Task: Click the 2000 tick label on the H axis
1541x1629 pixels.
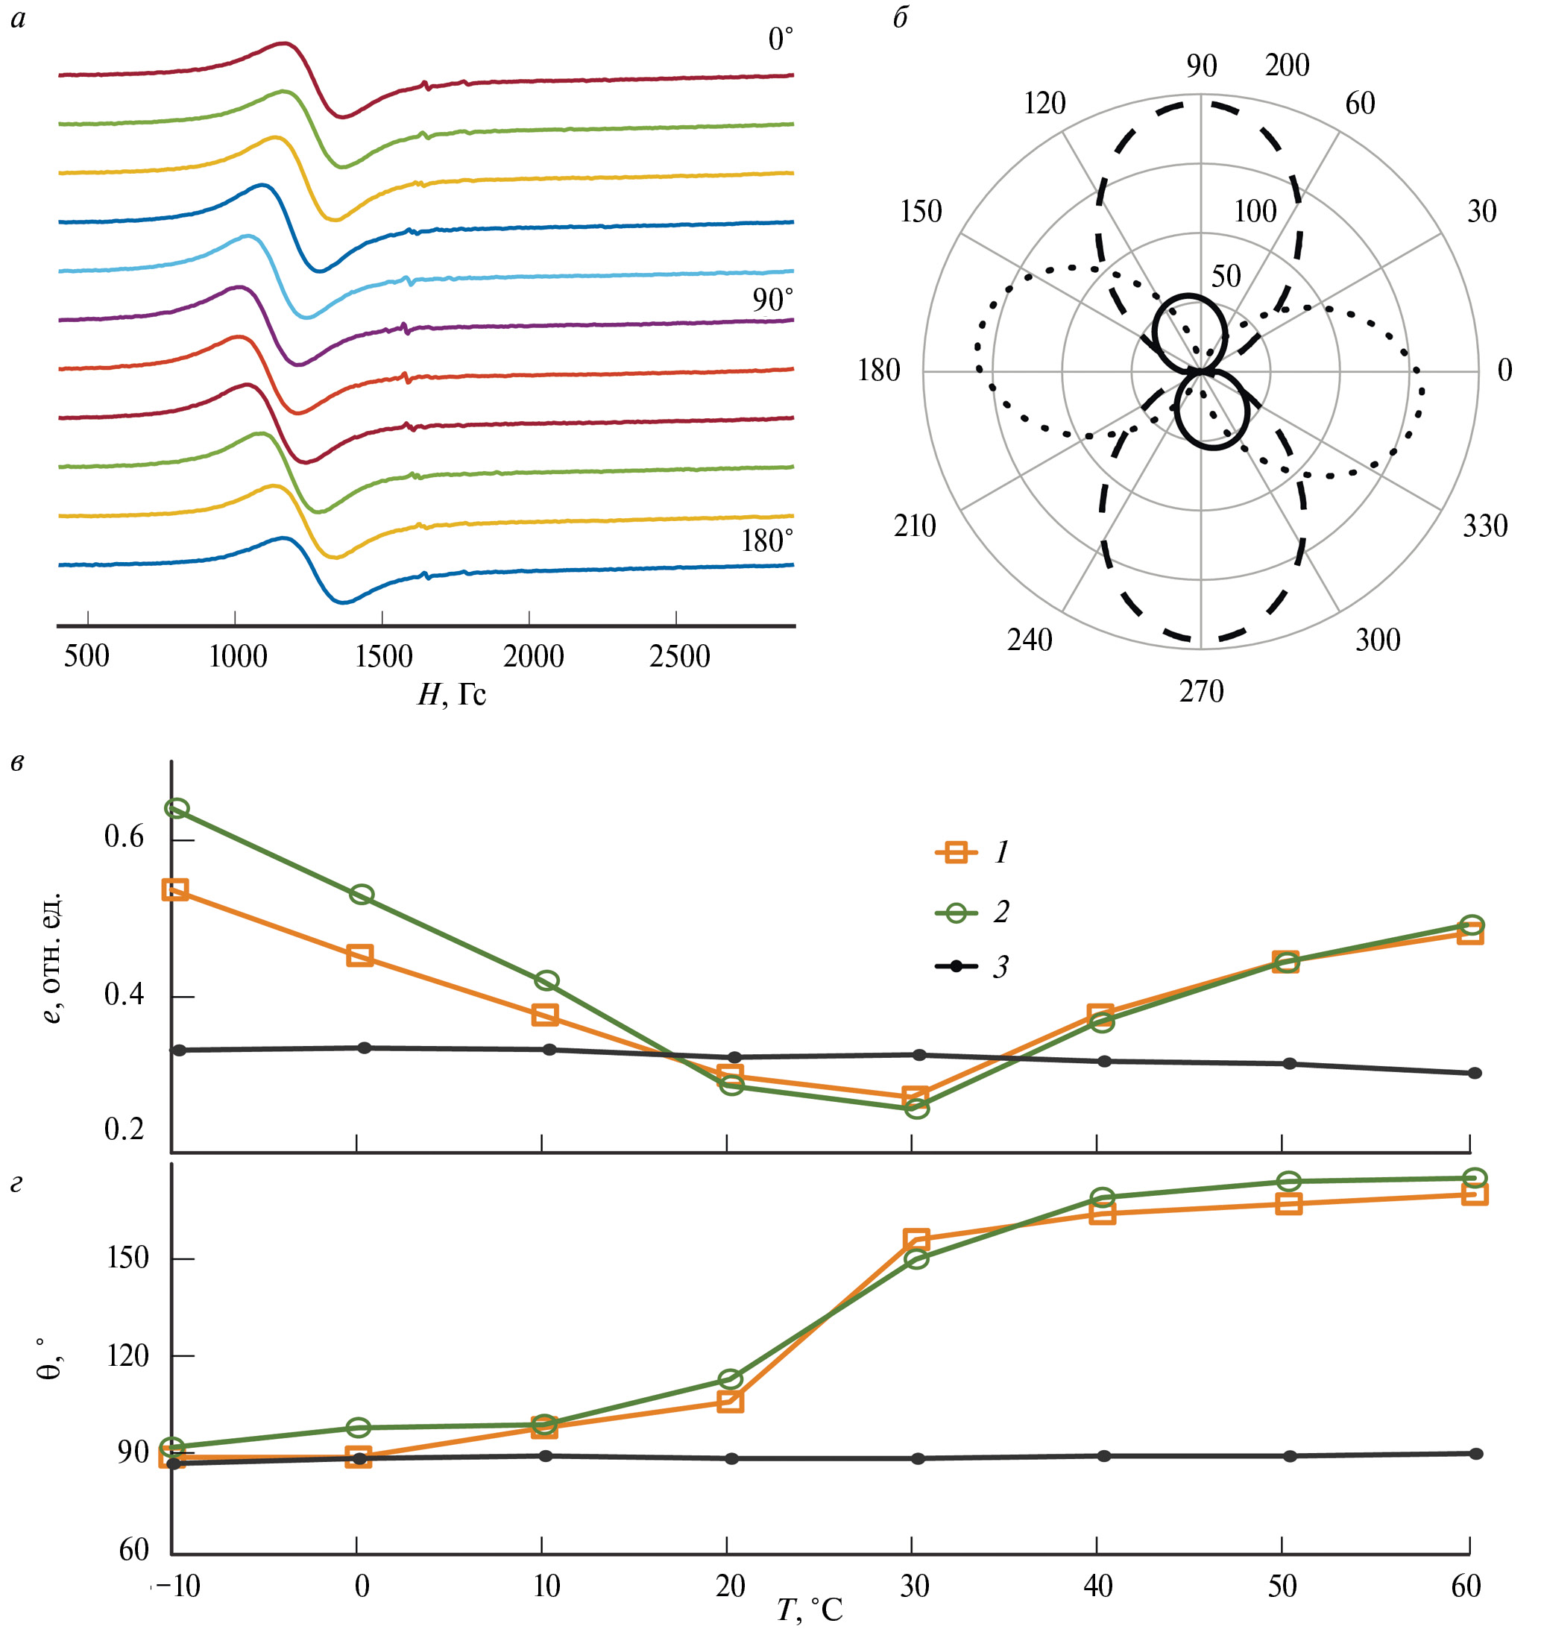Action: (533, 656)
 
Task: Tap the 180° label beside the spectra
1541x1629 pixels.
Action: (767, 541)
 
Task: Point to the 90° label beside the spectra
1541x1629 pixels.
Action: (772, 300)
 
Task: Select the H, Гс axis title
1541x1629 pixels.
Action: (452, 695)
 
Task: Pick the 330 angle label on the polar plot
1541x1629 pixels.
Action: (1485, 526)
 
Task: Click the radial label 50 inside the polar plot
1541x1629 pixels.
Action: (1226, 276)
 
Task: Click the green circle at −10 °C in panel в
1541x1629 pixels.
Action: (177, 809)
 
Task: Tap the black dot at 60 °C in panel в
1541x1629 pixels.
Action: (1475, 1073)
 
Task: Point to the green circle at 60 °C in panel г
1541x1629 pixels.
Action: (1475, 1178)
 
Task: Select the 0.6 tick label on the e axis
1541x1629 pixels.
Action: (124, 837)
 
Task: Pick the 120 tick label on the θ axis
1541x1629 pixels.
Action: (127, 1355)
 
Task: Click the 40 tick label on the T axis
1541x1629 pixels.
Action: (1098, 1586)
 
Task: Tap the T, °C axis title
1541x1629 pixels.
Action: (810, 1610)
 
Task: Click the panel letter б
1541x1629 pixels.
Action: (901, 18)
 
